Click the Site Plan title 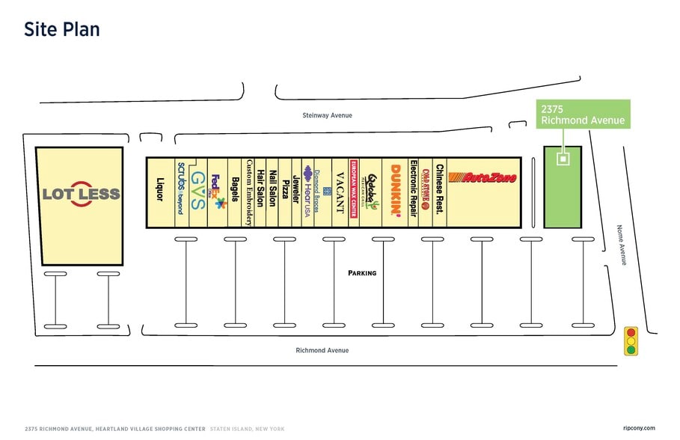tap(61, 30)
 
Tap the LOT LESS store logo tap(81, 194)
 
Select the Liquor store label tap(159, 189)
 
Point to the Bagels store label tap(235, 192)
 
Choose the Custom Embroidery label tap(248, 192)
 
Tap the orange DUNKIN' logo tap(395, 192)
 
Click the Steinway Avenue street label tap(327, 115)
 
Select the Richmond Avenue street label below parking tap(322, 350)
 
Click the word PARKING tap(362, 273)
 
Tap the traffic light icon tap(631, 340)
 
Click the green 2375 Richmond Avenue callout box tap(583, 114)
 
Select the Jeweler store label tap(296, 192)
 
